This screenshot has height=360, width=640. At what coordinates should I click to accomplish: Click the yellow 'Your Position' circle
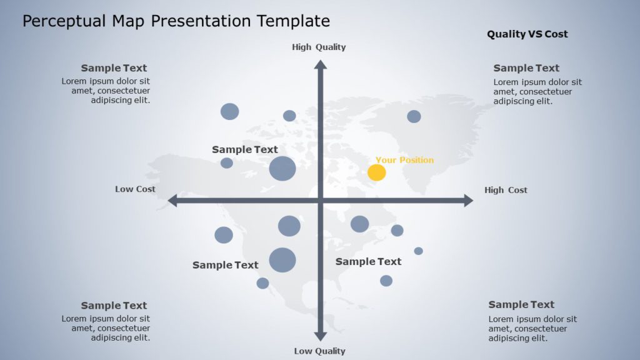(x=376, y=172)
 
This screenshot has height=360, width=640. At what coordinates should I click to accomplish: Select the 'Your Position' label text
(x=404, y=160)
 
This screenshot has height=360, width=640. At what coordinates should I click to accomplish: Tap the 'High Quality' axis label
(x=319, y=47)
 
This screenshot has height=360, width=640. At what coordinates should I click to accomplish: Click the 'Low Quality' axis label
(x=319, y=351)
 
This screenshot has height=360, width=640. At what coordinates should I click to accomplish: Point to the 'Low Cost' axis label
(x=135, y=189)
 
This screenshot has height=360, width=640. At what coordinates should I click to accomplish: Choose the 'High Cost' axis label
(x=506, y=190)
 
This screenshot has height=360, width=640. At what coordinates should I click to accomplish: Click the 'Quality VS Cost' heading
(x=527, y=34)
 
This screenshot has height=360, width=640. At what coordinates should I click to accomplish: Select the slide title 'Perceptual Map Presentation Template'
(x=176, y=21)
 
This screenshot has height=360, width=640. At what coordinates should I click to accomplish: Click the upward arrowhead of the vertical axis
(x=320, y=64)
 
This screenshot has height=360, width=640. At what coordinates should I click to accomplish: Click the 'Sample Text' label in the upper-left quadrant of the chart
(x=244, y=149)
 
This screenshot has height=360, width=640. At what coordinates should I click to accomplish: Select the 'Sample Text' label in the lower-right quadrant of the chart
(x=368, y=261)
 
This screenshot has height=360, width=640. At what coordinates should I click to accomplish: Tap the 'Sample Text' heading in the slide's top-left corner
(x=114, y=68)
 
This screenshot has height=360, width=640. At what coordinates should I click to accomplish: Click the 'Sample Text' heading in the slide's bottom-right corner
(x=521, y=304)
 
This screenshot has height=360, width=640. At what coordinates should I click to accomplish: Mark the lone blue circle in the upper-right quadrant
(x=414, y=116)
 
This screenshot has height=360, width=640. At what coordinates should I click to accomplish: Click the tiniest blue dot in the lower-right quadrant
(x=418, y=251)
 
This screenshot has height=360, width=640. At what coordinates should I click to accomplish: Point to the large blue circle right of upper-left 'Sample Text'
(x=282, y=169)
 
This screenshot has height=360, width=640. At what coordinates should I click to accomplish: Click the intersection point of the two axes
(x=320, y=200)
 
